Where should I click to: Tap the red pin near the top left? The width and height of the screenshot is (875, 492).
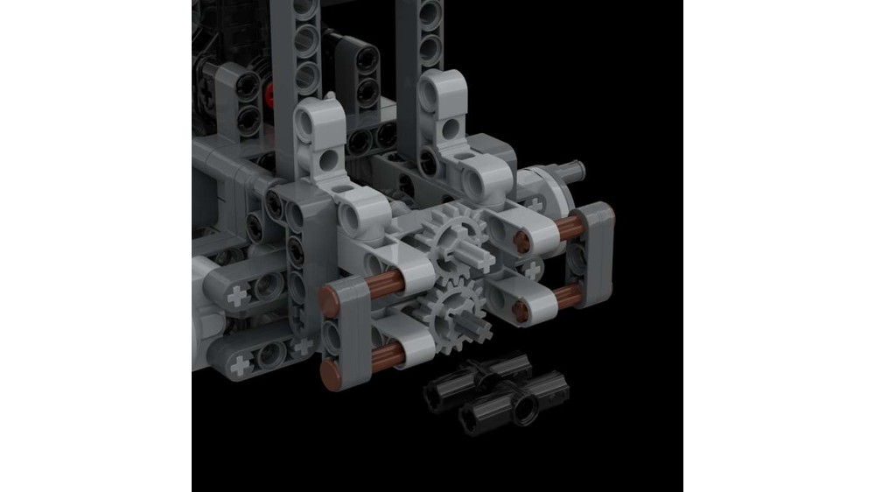pos(270,88)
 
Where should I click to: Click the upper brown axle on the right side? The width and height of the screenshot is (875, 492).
pos(571,228)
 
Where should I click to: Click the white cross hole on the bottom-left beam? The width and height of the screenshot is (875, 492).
pos(239,297)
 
